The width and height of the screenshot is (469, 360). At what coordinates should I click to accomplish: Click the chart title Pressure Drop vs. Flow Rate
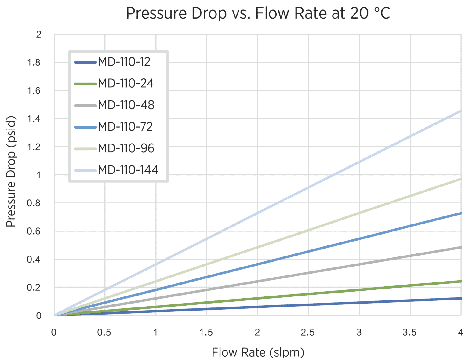[x=258, y=13]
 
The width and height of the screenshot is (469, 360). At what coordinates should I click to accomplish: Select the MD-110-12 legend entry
[x=124, y=62]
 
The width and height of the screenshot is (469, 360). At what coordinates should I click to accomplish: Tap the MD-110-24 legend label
[x=125, y=83]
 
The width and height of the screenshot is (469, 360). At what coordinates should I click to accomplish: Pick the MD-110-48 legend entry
[x=126, y=105]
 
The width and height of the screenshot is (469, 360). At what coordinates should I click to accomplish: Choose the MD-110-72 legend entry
[x=125, y=127]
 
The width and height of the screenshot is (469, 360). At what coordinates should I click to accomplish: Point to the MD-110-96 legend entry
[x=126, y=148]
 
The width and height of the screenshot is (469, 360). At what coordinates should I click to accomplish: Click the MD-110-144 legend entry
[x=128, y=170]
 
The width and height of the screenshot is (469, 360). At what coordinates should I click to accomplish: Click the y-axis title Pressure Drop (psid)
[x=11, y=171]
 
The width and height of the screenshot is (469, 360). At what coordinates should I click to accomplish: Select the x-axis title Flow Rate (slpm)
[x=258, y=352]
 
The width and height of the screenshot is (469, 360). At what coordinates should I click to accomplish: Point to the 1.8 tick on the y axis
[x=34, y=63]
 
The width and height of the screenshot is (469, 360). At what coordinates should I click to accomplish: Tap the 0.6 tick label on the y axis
[x=34, y=231]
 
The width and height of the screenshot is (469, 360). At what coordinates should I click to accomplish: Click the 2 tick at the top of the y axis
[x=38, y=35]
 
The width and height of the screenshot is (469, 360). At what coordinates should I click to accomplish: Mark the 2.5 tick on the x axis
[x=308, y=332]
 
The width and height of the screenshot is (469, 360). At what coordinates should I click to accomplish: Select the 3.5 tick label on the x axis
[x=409, y=332]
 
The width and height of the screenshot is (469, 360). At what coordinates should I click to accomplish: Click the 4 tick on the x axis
[x=460, y=332]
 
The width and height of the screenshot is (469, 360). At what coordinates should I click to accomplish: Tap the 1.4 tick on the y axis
[x=34, y=119]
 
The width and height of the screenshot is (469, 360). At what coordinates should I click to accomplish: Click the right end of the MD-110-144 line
[x=460, y=111]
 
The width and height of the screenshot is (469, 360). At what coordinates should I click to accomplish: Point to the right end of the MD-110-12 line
[x=460, y=298]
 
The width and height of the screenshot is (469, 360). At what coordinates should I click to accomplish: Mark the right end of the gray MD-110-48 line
[x=460, y=247]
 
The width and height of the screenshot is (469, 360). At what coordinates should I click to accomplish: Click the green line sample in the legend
[x=85, y=84]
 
